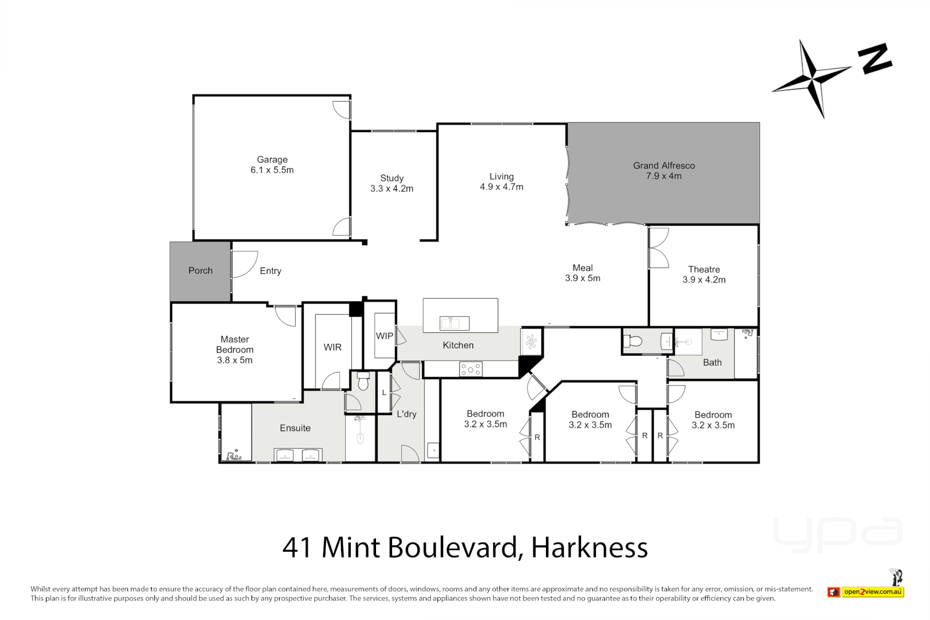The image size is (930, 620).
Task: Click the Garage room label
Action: click(272, 160)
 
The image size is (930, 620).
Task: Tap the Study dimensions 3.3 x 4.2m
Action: click(392, 188)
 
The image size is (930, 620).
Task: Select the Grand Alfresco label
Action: click(664, 165)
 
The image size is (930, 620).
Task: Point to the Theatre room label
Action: click(704, 269)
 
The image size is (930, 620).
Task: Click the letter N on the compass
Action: click(875, 59)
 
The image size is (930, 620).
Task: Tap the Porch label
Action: click(200, 270)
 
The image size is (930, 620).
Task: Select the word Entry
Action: click(270, 271)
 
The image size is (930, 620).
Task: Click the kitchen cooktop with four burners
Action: click(471, 370)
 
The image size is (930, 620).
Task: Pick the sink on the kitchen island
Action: click(454, 323)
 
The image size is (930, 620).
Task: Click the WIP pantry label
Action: click(385, 336)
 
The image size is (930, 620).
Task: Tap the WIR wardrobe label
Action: click(332, 347)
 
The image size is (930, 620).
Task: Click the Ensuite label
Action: click(295, 428)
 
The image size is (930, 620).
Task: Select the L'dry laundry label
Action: click(406, 414)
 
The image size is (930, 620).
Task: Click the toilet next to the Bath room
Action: click(633, 342)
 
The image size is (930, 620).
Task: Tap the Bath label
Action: click(712, 362)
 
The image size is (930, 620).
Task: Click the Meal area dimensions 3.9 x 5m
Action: click(582, 278)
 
